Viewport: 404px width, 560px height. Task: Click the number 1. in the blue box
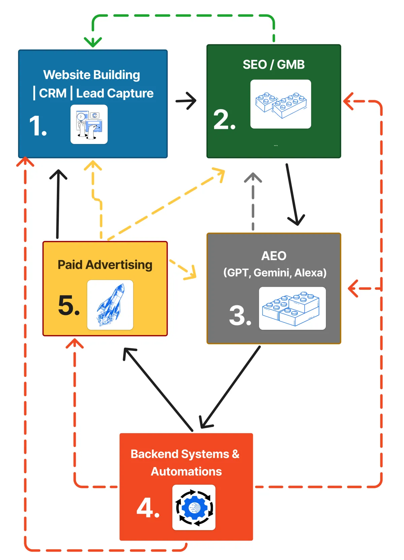point(38,126)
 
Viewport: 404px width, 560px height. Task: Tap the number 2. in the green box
point(225,119)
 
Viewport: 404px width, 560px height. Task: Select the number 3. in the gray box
point(240,315)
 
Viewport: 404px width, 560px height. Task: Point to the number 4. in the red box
point(148,508)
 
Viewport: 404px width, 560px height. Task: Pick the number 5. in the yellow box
point(69,305)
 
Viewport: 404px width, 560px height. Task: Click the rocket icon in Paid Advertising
point(110,305)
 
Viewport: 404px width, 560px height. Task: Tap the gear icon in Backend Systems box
point(194,508)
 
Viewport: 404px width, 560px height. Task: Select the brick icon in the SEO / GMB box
point(280,104)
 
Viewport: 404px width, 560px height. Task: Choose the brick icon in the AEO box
point(292,308)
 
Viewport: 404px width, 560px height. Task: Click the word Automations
point(186,471)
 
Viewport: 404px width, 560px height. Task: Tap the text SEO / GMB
point(274,64)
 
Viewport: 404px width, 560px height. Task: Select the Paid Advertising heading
point(105,265)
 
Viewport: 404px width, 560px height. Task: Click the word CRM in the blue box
point(53,93)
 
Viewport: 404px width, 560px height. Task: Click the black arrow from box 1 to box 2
point(186,101)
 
